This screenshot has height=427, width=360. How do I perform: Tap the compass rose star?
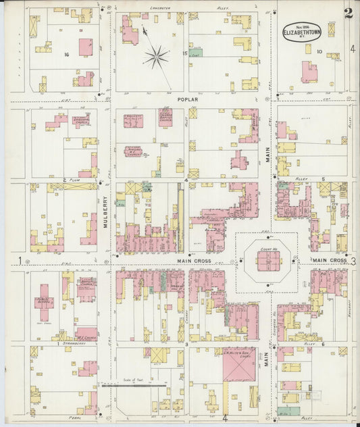(x=157, y=55)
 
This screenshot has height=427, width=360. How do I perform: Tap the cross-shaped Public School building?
(x=45, y=302)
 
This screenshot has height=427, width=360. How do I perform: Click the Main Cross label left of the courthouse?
(x=195, y=261)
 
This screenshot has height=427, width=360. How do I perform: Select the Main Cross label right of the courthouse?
(x=329, y=260)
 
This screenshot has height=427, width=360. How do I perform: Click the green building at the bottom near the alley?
(x=289, y=410)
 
